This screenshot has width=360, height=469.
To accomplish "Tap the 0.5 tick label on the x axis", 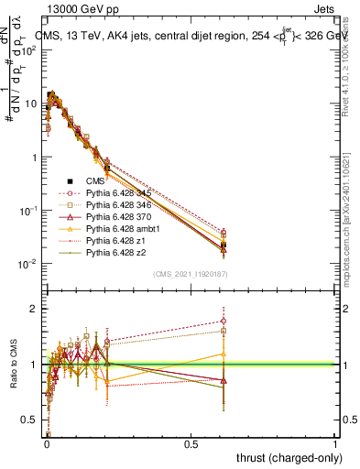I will coord(191,443).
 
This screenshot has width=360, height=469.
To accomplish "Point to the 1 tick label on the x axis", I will coord(335,443).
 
